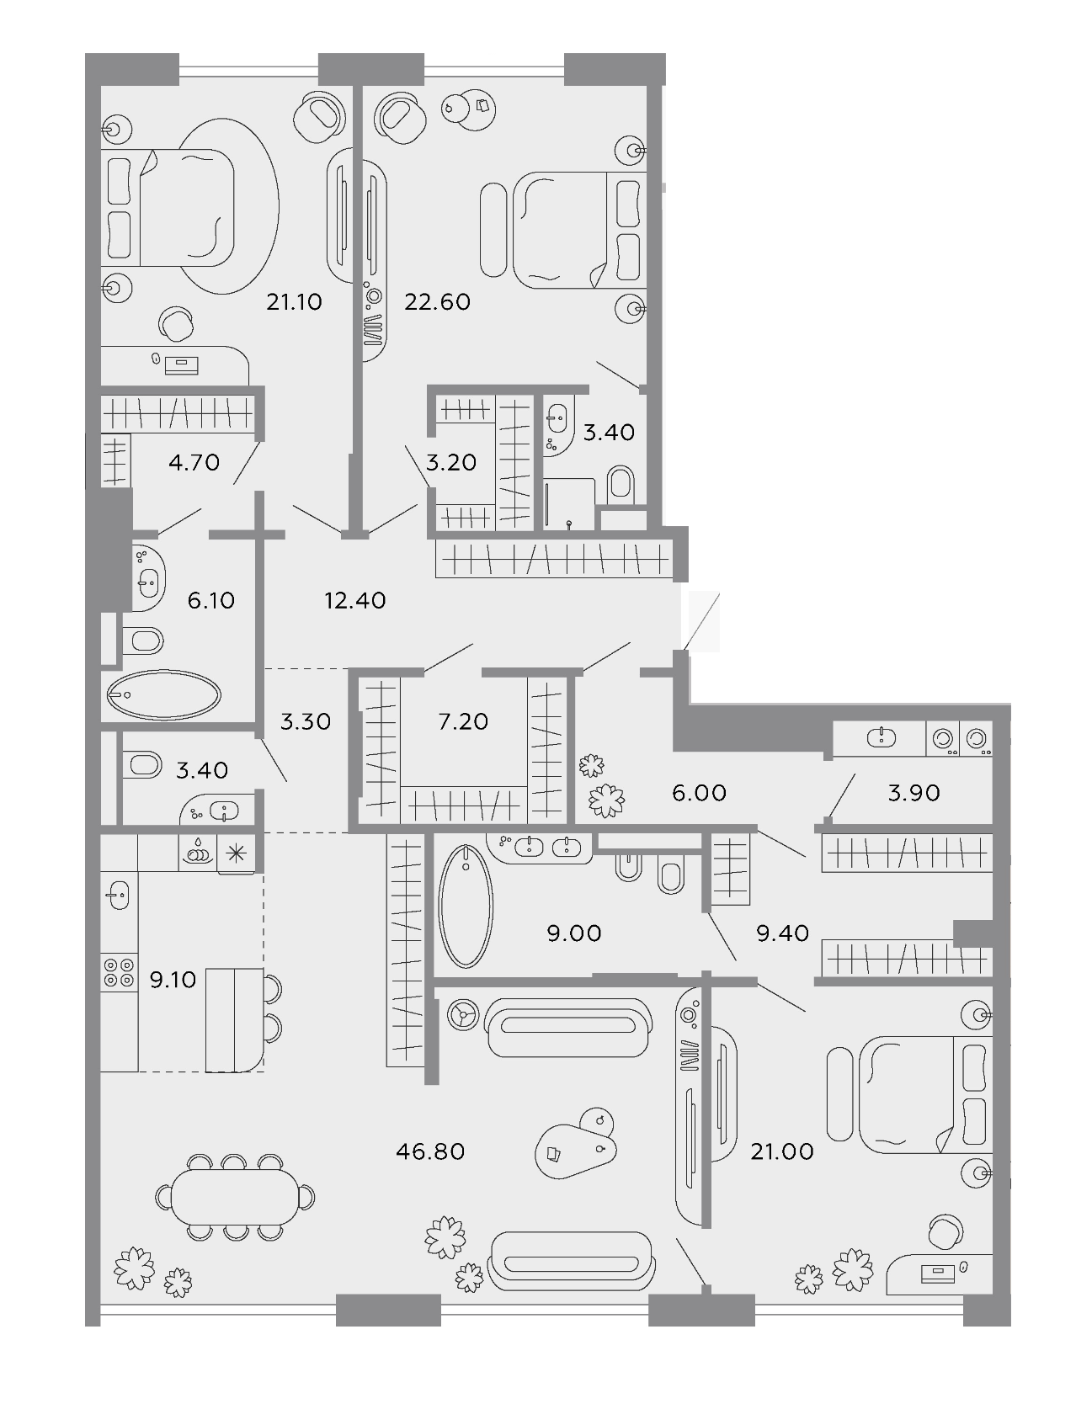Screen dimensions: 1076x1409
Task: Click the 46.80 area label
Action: [430, 1151]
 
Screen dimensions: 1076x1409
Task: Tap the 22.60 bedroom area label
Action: [437, 301]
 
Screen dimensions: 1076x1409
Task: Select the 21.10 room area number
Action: [294, 301]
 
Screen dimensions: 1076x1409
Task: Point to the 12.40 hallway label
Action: [355, 600]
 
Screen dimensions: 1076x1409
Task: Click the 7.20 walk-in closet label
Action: [463, 721]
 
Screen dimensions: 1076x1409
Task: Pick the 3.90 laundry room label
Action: [914, 793]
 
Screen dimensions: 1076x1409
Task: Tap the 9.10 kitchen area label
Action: [173, 980]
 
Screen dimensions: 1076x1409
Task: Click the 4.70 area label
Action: [194, 462]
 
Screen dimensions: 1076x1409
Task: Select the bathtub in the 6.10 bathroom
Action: [163, 694]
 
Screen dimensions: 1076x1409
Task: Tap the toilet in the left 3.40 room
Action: [142, 764]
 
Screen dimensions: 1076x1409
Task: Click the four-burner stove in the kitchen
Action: [120, 972]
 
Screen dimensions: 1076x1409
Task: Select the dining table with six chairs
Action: [235, 1197]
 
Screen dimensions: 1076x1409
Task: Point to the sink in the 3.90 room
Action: [881, 737]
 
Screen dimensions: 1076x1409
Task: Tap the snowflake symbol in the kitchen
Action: [237, 853]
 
